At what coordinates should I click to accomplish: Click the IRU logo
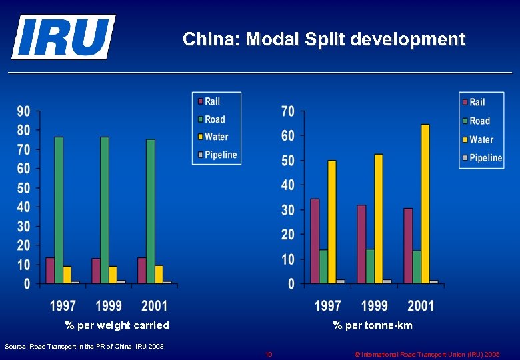point(63,37)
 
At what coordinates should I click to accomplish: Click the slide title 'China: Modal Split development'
point(324,39)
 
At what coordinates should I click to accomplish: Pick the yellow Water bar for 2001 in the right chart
point(425,203)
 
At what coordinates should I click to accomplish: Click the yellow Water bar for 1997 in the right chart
point(332,221)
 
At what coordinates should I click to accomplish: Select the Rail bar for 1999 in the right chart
point(361,244)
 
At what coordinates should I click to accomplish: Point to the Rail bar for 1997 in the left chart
point(50,270)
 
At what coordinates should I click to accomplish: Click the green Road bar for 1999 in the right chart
point(370,266)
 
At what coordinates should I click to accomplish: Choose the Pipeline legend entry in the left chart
point(217,155)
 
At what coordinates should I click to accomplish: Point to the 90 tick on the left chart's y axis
point(23,111)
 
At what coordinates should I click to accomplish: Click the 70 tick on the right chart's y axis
point(287,111)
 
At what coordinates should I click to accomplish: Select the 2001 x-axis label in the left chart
point(154,306)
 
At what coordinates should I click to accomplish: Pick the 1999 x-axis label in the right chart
point(374,306)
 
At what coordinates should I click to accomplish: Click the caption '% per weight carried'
point(117,325)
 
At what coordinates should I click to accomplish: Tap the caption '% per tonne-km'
point(373,325)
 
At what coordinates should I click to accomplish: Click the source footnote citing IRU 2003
point(84,346)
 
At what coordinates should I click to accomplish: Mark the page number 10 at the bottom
point(269,354)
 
